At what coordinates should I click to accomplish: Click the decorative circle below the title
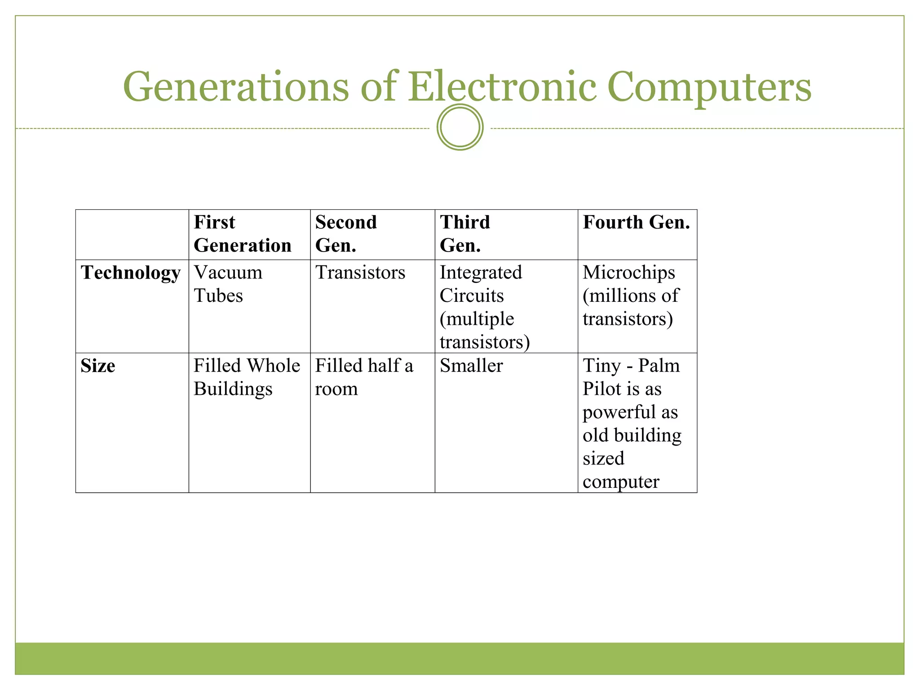[x=460, y=127]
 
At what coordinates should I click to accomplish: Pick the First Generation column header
[x=242, y=234]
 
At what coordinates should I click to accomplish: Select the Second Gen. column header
[x=345, y=234]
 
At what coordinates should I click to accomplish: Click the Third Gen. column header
[x=464, y=234]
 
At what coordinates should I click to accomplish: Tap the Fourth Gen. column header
[x=636, y=222]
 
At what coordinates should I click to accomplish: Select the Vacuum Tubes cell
[x=228, y=284]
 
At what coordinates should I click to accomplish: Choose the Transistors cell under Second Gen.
[x=360, y=273]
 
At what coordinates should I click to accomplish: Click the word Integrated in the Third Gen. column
[x=481, y=273]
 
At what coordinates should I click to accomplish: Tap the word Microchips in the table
[x=628, y=273]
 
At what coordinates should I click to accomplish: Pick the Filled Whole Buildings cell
[x=246, y=377]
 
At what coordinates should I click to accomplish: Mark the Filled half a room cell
[x=363, y=377]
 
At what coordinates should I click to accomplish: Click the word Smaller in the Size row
[x=471, y=366]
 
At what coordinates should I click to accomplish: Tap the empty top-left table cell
[x=132, y=234]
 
